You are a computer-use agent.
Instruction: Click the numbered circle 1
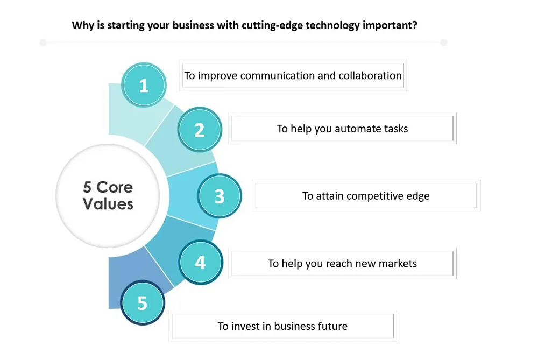tap(144, 85)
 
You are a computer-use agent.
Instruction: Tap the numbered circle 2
tap(200, 129)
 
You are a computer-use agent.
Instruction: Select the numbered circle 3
tap(220, 196)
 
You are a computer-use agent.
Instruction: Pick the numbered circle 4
tap(201, 262)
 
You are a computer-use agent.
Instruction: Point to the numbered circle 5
tap(143, 302)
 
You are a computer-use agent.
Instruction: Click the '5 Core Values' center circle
tap(108, 196)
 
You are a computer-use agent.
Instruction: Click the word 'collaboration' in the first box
tap(370, 75)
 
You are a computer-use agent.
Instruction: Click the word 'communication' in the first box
tap(278, 75)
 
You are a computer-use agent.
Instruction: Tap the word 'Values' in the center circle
tap(108, 204)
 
